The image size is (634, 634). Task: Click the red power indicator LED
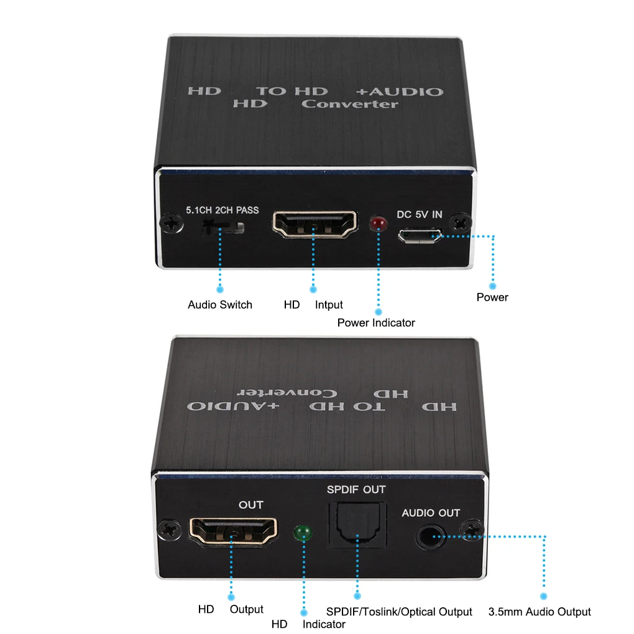(377, 223)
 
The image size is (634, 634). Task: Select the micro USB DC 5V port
(421, 237)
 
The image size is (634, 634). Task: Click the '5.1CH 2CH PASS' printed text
(223, 210)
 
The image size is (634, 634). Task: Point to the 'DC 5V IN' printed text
(420, 215)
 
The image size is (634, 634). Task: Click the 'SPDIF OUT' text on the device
(356, 489)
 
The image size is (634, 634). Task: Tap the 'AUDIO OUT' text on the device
(431, 513)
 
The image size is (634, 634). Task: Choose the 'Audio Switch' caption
(220, 305)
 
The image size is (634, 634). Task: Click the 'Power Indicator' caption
(376, 323)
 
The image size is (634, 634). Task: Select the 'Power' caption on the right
(492, 297)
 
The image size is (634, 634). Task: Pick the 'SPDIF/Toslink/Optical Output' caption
(399, 612)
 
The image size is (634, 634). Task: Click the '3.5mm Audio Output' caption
(540, 612)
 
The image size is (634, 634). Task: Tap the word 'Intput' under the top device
(329, 305)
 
